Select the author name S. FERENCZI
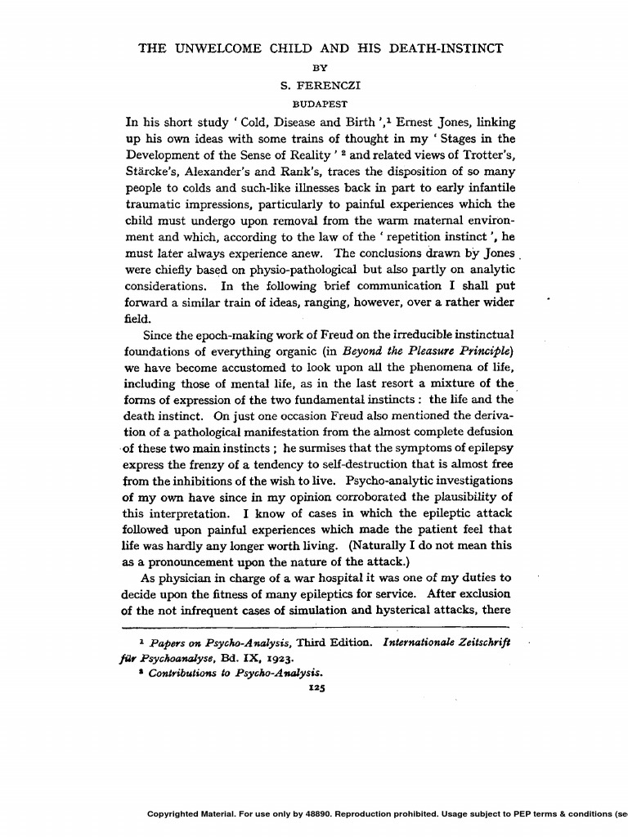click(x=320, y=85)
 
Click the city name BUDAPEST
click(x=320, y=104)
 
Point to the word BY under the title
click(x=320, y=67)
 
